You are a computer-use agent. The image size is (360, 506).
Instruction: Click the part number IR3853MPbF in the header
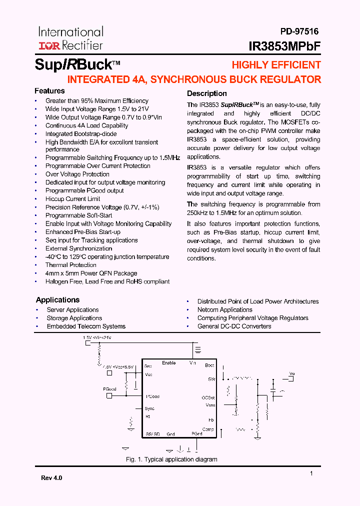point(284,46)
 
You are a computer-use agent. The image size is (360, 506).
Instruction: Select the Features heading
point(49,91)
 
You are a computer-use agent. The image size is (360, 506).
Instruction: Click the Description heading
point(206,93)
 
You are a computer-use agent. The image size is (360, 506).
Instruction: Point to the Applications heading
point(57,300)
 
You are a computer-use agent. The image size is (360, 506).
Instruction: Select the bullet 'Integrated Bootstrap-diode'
point(81,134)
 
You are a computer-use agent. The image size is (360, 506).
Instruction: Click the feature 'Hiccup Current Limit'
point(72,199)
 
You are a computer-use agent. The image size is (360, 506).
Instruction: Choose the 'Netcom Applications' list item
point(224,310)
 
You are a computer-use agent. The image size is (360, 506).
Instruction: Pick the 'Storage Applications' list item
point(74,318)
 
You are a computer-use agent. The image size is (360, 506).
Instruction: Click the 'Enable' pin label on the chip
point(169,363)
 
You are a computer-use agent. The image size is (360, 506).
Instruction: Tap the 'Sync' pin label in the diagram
point(149,408)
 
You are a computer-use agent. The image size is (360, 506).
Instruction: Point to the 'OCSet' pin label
point(208,397)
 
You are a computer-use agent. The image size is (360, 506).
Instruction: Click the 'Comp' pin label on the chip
point(208,429)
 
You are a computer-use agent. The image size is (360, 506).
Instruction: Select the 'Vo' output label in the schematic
point(292,374)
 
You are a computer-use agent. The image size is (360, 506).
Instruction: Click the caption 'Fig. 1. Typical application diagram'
point(171,459)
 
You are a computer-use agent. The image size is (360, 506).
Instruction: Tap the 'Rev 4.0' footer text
point(51,478)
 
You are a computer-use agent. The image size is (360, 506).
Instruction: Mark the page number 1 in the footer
point(311,473)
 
